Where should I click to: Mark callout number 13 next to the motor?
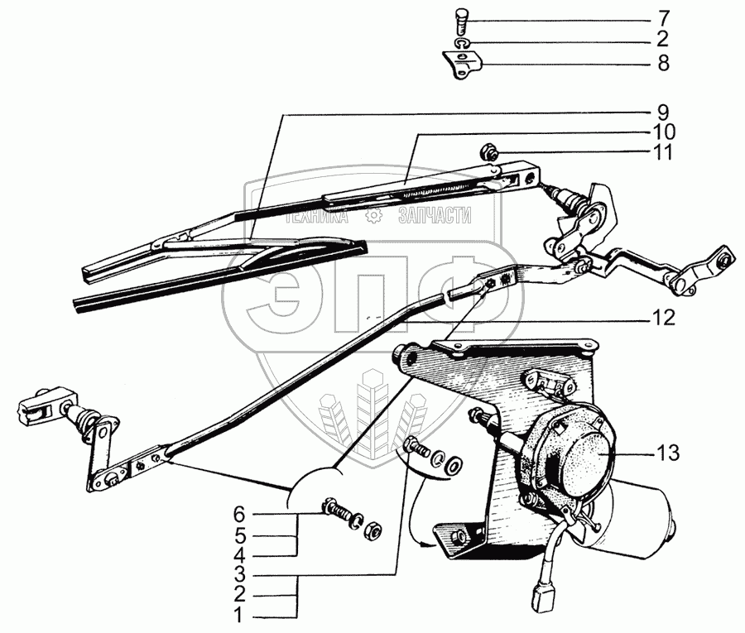[668, 453]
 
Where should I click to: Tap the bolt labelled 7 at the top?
[461, 17]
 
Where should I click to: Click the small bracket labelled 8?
[461, 64]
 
